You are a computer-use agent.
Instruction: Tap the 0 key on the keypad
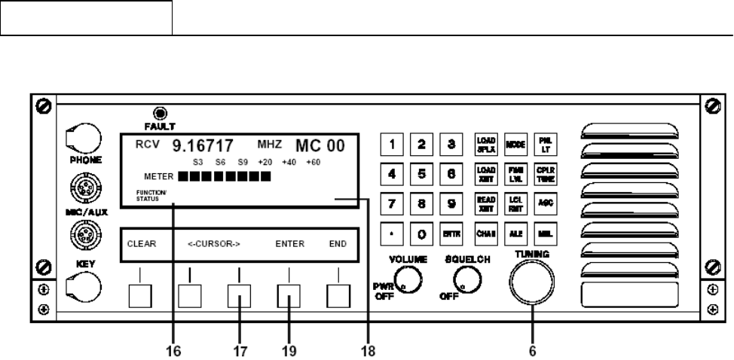coord(424,235)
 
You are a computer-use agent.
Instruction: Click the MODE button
coord(515,143)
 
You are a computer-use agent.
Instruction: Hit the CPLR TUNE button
coord(545,173)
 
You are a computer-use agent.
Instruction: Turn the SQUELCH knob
coord(463,282)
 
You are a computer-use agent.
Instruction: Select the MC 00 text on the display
coord(320,146)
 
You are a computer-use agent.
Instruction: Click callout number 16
coord(173,350)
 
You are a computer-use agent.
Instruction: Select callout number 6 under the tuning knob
coord(532,350)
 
